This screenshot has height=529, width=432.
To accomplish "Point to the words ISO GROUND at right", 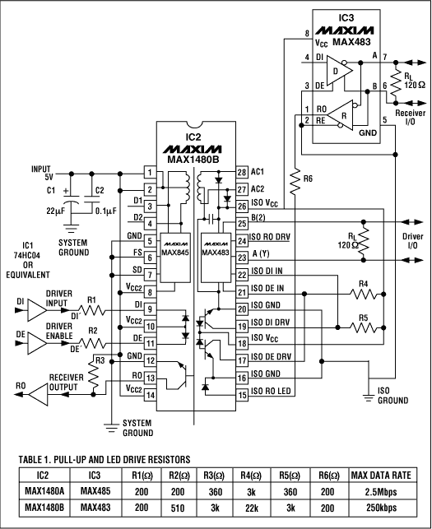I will tap(392, 394).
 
